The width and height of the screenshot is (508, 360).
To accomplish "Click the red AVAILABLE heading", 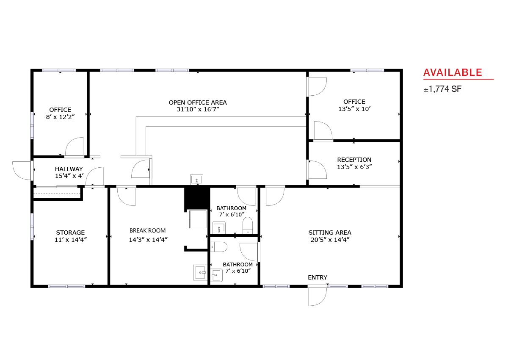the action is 453,72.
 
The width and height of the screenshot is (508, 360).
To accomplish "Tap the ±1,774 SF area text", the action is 442,89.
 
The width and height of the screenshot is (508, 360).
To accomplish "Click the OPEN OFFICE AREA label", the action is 198,102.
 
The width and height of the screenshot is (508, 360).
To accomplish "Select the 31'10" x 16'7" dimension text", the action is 198,109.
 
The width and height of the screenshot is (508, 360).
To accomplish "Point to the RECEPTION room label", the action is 354,160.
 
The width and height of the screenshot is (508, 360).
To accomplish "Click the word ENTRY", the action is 317,277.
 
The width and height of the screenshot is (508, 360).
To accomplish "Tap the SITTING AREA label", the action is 330,233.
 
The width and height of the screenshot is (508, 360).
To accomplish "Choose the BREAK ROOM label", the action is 147,230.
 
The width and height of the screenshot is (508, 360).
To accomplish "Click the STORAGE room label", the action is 70,233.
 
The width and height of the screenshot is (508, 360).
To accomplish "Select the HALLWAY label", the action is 69,169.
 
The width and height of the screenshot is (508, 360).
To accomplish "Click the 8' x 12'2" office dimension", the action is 60,117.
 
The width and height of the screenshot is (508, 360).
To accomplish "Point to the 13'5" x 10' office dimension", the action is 354,109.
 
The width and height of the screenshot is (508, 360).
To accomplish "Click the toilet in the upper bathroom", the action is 247,225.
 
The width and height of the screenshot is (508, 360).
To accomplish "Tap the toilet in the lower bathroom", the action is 218,247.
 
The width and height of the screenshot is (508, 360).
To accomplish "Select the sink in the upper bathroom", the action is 219,227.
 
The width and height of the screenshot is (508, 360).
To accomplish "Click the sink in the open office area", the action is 196,180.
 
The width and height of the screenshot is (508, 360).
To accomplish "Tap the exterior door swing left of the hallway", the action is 22,170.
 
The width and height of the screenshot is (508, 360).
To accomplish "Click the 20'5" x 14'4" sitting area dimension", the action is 330,240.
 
